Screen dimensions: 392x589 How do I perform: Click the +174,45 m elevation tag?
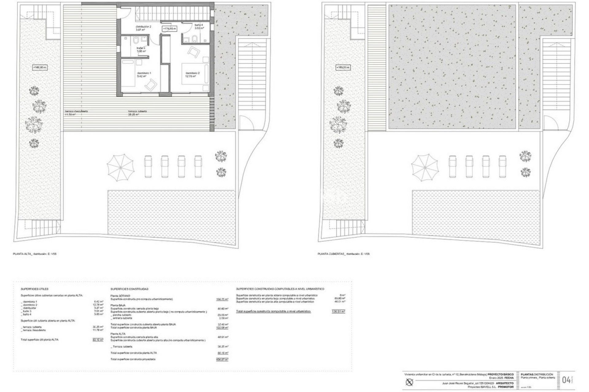point(169,28)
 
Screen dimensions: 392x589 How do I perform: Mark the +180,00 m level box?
point(40,67)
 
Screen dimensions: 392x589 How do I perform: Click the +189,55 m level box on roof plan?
point(343,67)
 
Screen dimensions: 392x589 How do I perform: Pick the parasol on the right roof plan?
point(425,168)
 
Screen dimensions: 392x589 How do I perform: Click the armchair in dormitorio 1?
point(150,84)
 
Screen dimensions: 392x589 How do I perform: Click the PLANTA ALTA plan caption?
point(35,254)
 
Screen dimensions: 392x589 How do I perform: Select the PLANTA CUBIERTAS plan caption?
point(344,254)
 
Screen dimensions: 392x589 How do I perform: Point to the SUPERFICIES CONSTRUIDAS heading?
point(129,289)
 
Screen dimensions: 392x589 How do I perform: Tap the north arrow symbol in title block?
point(410,382)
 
